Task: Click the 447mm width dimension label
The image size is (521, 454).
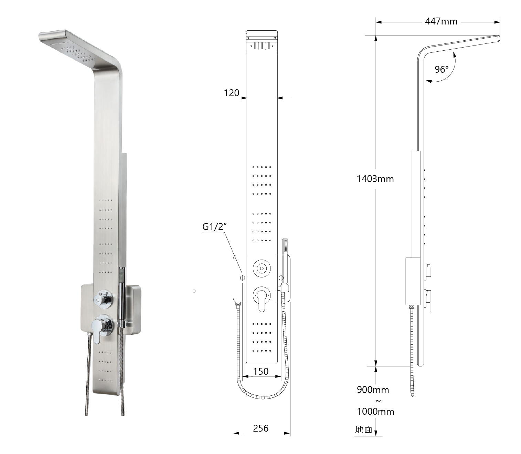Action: [x=441, y=21]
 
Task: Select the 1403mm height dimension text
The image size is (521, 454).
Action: [x=375, y=179]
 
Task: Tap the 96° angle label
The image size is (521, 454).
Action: [x=441, y=70]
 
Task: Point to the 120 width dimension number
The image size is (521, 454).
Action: [x=231, y=93]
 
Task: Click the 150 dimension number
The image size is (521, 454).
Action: [x=260, y=371]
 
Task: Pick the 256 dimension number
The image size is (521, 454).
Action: [x=260, y=428]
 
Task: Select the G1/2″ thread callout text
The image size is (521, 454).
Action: [x=214, y=227]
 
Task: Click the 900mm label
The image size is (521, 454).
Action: [x=373, y=390]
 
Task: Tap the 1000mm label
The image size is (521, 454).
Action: [x=375, y=411]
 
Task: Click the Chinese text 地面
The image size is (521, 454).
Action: [x=364, y=430]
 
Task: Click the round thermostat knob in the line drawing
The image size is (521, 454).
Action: [x=262, y=268]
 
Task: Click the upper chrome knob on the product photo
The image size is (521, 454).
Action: [x=103, y=299]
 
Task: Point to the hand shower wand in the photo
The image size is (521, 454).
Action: [x=121, y=293]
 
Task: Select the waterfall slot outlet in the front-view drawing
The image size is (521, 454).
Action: [x=262, y=46]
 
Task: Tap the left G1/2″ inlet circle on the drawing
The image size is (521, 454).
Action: [x=242, y=278]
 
